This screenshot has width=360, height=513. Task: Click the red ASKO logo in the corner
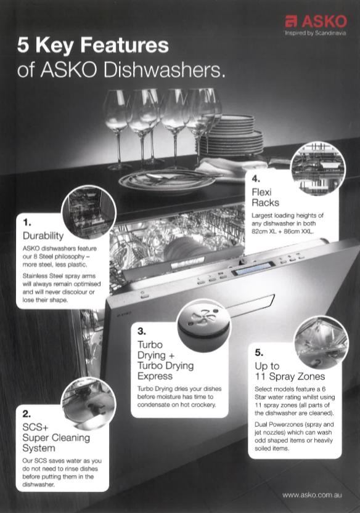tap(316, 22)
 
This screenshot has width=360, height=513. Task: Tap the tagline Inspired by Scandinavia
tap(315, 33)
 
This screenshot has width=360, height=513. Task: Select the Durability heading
tap(43, 236)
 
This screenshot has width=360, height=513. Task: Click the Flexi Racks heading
tap(265, 197)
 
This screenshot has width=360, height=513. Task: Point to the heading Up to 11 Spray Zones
tap(290, 371)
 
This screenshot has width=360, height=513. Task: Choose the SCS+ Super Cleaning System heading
tap(56, 437)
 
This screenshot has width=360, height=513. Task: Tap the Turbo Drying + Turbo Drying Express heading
tap(165, 360)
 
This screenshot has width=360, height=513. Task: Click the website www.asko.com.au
tap(312, 495)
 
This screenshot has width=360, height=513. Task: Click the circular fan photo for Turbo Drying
tap(204, 325)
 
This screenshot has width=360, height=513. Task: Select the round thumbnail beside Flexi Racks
tap(318, 169)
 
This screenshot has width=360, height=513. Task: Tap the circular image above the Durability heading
tap(89, 212)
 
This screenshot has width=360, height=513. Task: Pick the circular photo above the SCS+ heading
tap(88, 403)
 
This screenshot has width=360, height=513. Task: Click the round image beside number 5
tap(321, 342)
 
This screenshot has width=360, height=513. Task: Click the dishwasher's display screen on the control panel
tap(253, 269)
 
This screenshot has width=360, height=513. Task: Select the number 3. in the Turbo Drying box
tap(142, 331)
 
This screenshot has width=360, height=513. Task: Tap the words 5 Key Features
tap(92, 45)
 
